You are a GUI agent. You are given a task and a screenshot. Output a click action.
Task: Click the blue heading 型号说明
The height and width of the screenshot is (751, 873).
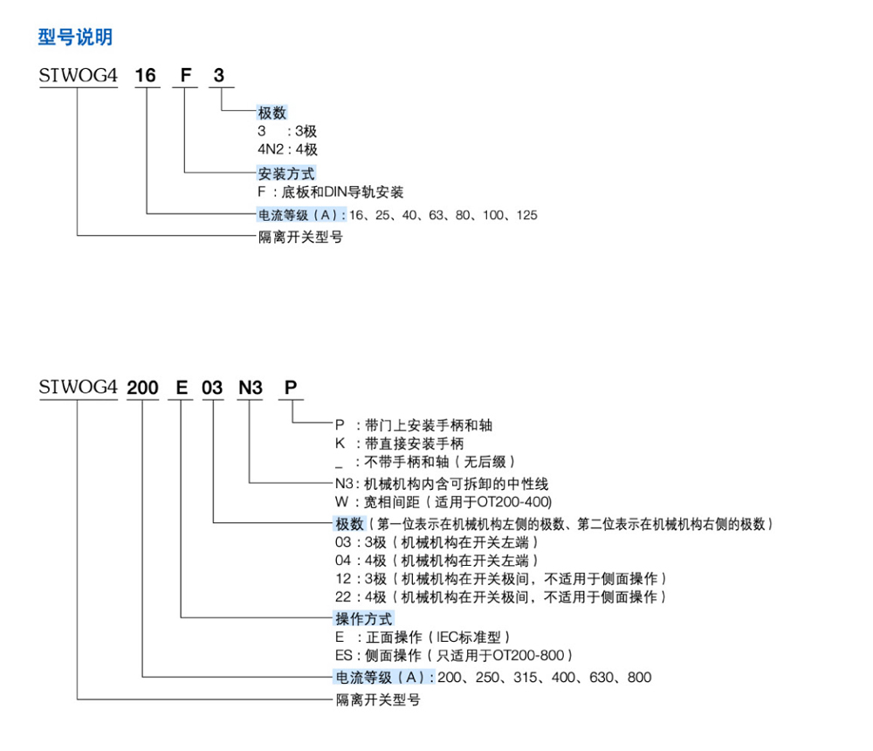(75, 38)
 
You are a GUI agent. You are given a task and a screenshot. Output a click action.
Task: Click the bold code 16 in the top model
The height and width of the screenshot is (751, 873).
(145, 76)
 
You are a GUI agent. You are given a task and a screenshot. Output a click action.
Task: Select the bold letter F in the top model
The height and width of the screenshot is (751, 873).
(185, 76)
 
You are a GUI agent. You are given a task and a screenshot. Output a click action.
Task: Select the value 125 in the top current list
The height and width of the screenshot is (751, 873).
(526, 215)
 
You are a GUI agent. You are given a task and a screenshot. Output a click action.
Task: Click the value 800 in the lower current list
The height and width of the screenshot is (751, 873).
(639, 678)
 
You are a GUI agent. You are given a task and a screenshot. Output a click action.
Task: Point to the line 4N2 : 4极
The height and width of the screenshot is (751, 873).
(287, 149)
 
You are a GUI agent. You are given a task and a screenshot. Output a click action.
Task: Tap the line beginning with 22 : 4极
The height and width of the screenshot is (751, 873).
(502, 596)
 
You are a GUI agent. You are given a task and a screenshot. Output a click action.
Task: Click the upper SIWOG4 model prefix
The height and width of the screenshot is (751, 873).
(78, 76)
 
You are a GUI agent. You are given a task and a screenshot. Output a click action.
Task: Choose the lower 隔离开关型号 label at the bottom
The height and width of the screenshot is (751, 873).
(378, 699)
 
